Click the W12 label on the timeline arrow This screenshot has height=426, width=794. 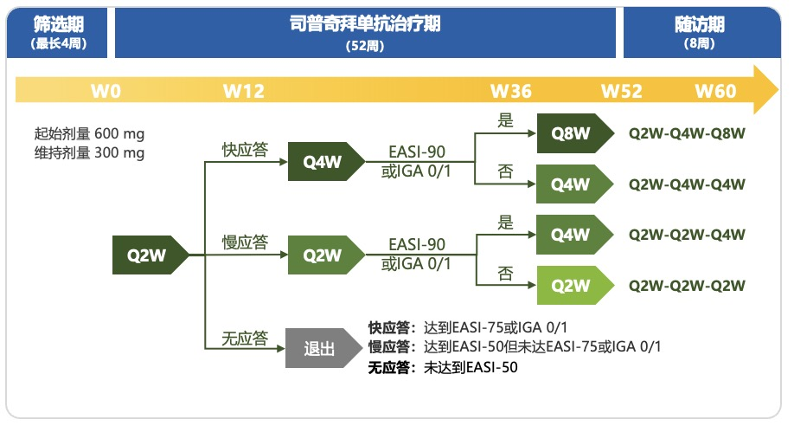click(x=244, y=91)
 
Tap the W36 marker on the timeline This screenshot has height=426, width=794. click(x=511, y=91)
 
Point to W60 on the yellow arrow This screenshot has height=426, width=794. click(x=715, y=91)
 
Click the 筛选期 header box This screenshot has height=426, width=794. click(x=58, y=32)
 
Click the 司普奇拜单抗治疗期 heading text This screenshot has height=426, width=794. click(x=365, y=23)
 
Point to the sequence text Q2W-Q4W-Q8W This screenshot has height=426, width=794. click(x=687, y=133)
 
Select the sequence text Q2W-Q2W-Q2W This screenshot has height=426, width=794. click(x=687, y=286)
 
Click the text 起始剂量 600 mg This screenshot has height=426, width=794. click(x=89, y=134)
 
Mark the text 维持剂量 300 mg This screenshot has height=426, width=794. click(x=89, y=153)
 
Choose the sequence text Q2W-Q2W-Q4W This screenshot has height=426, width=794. click(x=687, y=235)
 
